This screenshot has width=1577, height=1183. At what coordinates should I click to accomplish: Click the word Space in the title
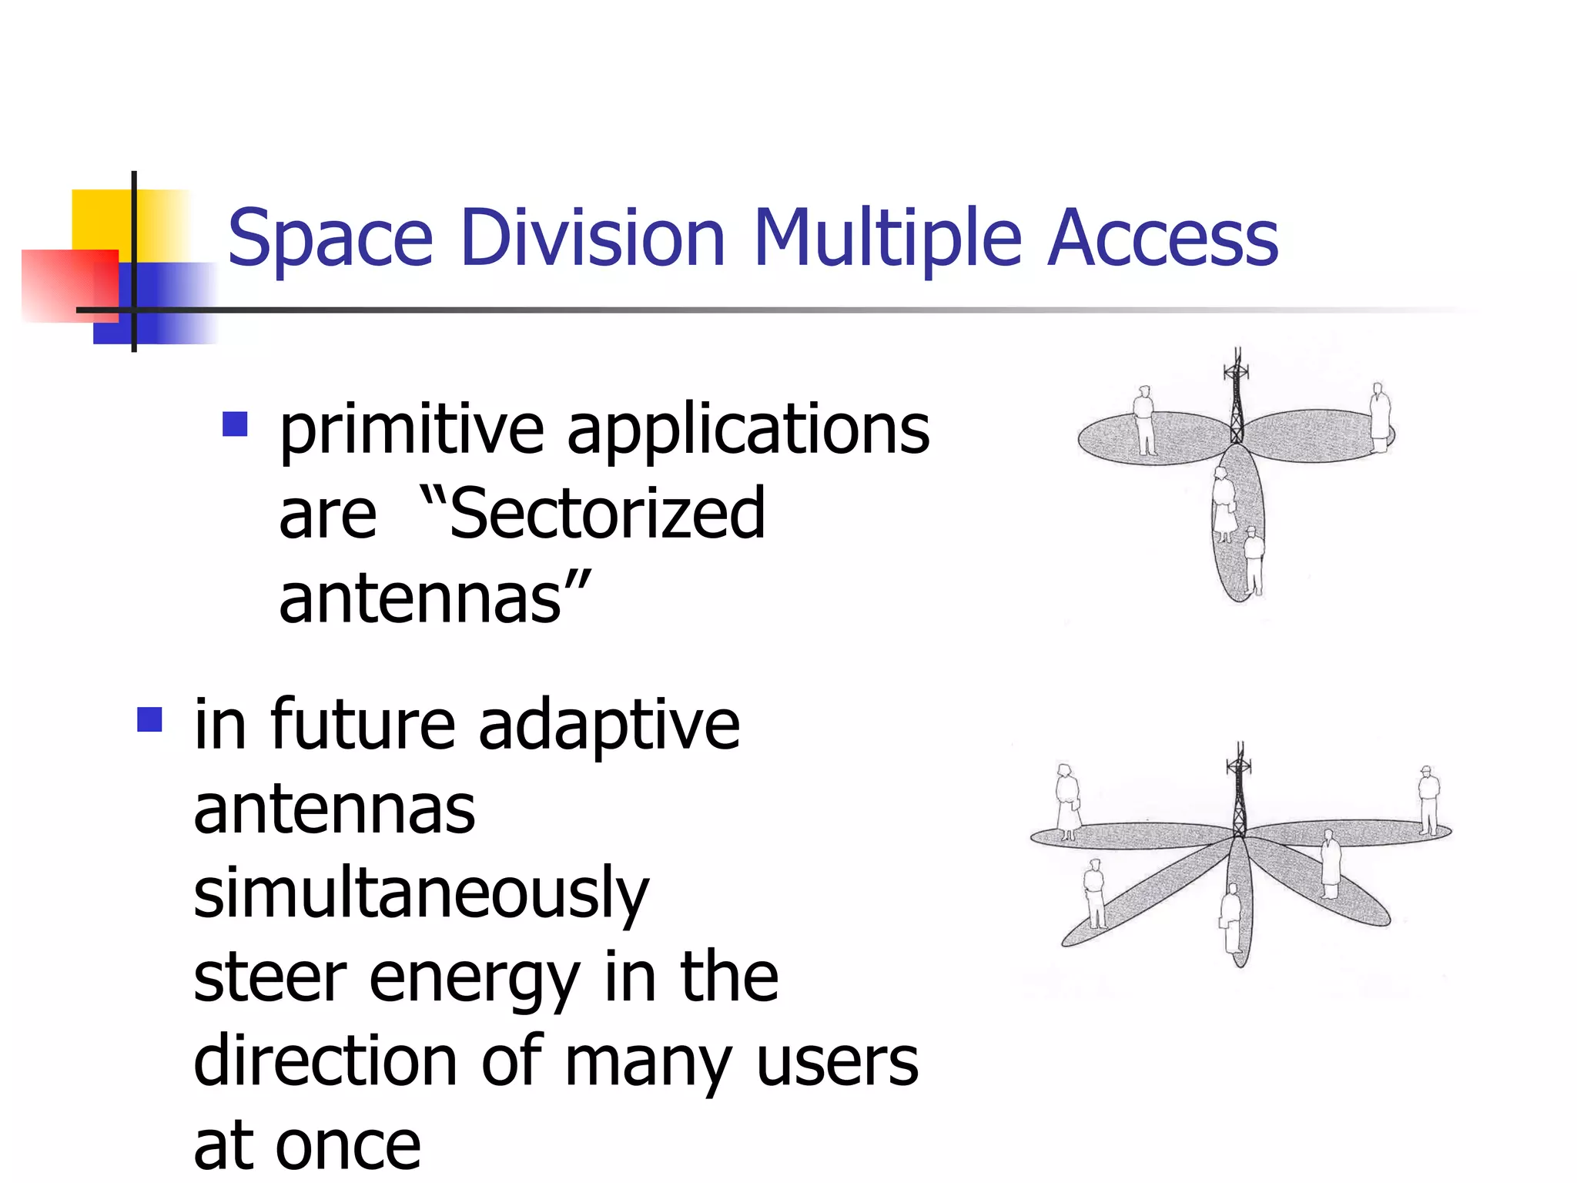point(330,239)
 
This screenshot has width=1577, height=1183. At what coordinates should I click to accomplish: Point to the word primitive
point(412,431)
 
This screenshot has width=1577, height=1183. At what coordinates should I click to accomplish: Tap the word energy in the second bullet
point(474,980)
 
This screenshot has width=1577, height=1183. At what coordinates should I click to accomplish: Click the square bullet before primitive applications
point(235,424)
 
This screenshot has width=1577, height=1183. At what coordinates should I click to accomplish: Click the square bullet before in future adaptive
point(149,719)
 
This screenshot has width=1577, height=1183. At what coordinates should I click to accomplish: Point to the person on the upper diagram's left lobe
point(1144,421)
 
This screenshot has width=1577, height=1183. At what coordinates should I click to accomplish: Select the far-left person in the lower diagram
point(1067,801)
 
